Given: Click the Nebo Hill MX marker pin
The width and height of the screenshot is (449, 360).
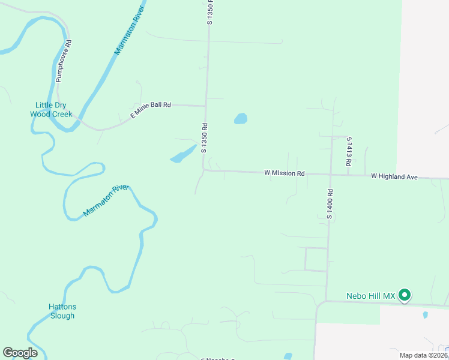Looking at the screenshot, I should [405, 295].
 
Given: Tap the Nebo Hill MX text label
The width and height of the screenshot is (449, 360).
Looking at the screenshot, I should [371, 296].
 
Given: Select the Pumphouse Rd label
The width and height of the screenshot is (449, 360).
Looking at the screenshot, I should [64, 61].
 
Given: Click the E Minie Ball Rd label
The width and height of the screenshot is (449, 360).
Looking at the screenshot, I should [151, 109].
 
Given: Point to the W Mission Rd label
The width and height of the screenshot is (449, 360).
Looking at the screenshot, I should [285, 173].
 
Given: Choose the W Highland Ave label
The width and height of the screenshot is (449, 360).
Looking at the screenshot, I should [394, 176].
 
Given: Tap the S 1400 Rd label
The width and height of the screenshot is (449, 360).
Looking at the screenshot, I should [330, 203].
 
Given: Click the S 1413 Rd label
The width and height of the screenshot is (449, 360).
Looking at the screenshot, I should [349, 151].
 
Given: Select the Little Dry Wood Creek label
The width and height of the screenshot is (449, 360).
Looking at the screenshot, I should [51, 109].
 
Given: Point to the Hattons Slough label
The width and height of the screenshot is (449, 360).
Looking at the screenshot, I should [62, 311].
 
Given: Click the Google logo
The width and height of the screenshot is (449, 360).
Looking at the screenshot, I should [20, 353].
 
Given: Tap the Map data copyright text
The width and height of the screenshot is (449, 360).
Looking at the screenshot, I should [424, 355].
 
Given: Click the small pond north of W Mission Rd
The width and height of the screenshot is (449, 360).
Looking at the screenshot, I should [240, 118].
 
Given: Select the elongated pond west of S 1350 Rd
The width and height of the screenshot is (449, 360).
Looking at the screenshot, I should [184, 154].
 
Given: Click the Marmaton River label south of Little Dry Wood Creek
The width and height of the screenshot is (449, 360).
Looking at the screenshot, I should [106, 200].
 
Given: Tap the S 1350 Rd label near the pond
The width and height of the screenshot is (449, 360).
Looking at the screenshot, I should [205, 139].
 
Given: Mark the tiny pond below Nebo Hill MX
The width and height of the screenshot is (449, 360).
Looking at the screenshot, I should [425, 314].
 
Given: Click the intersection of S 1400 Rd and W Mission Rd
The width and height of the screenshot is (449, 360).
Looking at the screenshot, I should [331, 174].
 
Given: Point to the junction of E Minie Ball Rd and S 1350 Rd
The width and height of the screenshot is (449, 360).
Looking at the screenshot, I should [206, 106].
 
